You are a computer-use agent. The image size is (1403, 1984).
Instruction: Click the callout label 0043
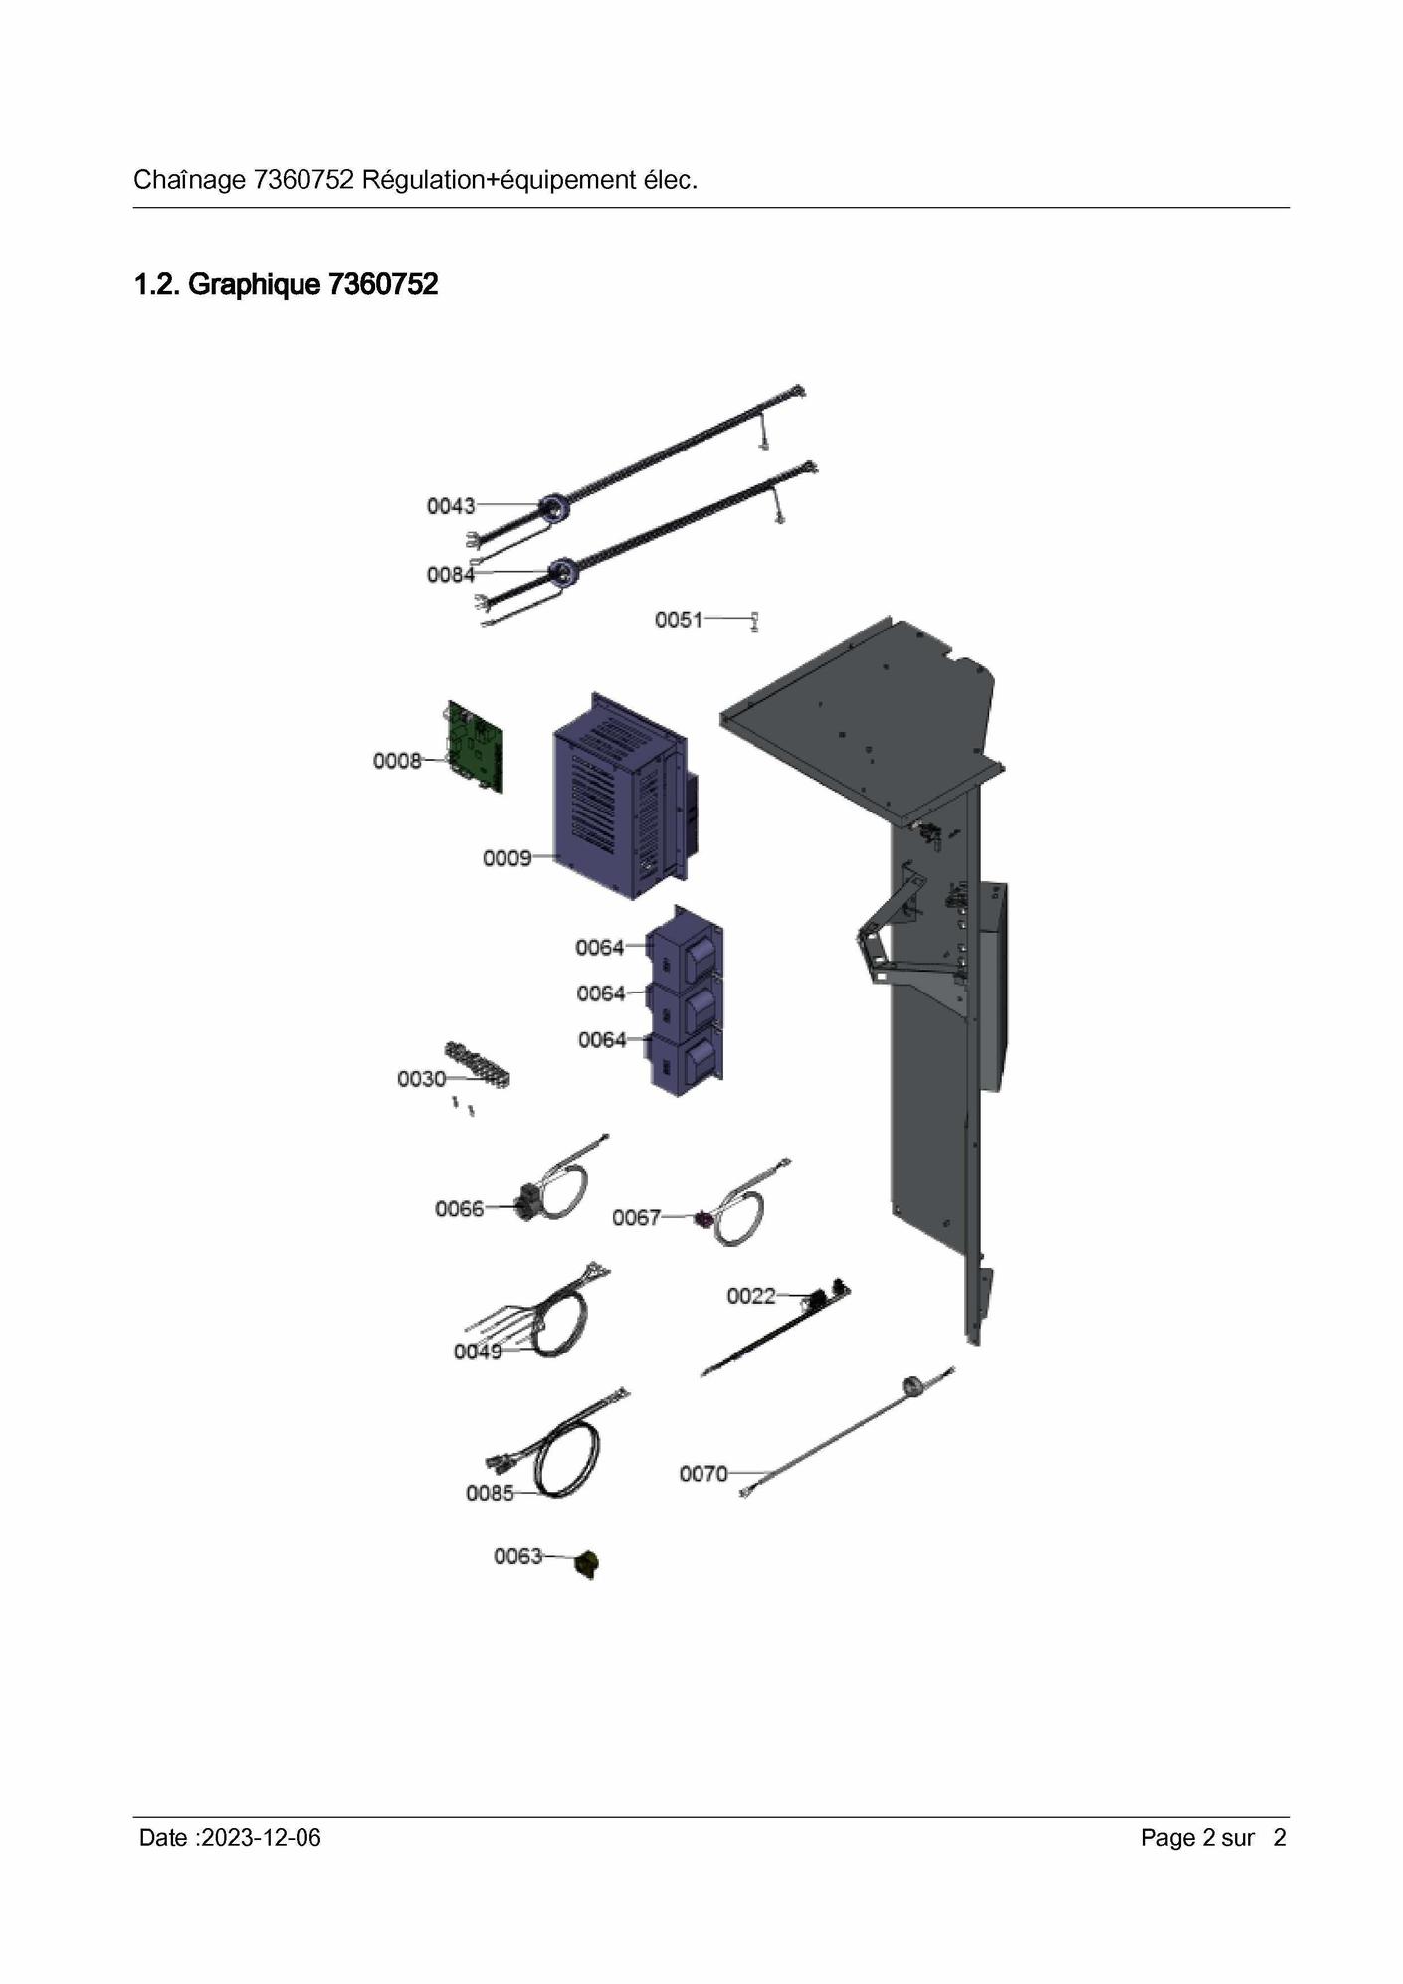point(451,506)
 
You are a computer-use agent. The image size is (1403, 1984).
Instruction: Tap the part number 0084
point(451,575)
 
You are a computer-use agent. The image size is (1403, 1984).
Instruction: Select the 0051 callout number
point(679,620)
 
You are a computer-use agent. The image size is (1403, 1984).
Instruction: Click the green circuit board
point(477,747)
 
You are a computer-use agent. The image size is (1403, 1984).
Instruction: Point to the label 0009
point(506,858)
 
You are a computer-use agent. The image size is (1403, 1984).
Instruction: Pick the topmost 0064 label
point(600,948)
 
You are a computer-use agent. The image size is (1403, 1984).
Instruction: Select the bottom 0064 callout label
point(602,1040)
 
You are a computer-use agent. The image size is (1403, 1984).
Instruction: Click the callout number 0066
point(459,1209)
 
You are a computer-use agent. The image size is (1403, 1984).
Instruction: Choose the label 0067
point(636,1218)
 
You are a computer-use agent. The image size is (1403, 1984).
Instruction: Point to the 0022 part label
point(750,1296)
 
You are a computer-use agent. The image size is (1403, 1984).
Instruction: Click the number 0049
point(478,1352)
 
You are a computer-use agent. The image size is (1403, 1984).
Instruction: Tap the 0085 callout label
point(490,1493)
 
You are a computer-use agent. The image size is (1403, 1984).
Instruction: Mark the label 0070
point(703,1474)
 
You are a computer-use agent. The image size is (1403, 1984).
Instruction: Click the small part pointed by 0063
point(588,1563)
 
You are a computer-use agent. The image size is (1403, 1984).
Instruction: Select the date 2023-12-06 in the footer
point(261,1838)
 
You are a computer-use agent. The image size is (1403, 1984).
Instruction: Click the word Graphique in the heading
point(254,285)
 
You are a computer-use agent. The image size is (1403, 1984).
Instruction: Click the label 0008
point(397,761)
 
